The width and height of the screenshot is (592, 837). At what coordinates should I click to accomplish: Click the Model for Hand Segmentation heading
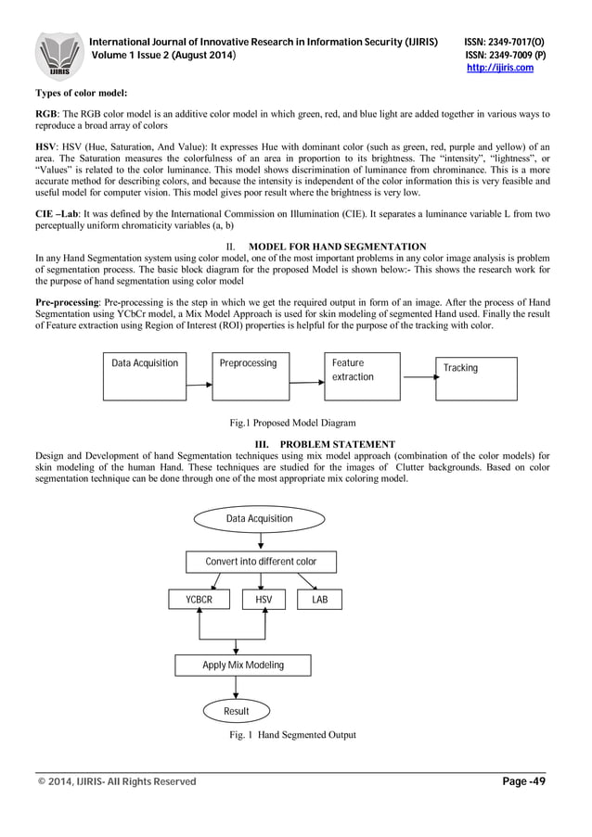click(x=338, y=247)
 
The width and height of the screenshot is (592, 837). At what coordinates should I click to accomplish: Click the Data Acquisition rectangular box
click(x=145, y=375)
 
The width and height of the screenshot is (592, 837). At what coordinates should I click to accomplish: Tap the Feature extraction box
click(x=362, y=375)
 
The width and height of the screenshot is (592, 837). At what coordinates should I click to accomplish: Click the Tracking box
click(x=477, y=378)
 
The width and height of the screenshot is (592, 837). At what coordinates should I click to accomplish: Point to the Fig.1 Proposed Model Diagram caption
click(x=293, y=423)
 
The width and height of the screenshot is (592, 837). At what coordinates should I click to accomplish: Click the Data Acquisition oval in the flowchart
click(x=259, y=519)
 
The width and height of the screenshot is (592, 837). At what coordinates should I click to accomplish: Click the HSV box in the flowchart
click(x=263, y=601)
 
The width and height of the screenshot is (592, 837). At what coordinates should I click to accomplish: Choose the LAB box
click(x=319, y=601)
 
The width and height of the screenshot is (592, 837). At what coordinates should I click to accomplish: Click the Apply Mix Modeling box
click(x=243, y=666)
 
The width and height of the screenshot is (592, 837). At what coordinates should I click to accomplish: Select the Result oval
click(x=237, y=711)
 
